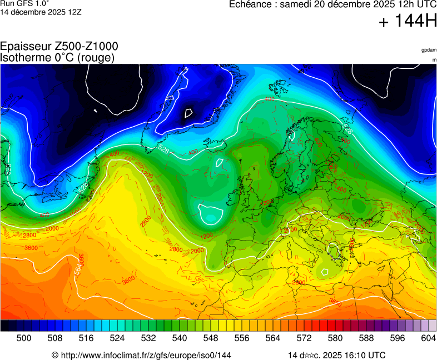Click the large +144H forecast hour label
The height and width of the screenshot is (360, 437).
click(408, 22)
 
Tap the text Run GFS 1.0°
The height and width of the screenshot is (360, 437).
click(24, 3)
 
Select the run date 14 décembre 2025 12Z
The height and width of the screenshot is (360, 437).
click(41, 12)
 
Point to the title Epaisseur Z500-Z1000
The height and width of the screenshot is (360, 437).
click(59, 47)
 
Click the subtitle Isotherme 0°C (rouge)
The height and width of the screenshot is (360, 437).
click(57, 57)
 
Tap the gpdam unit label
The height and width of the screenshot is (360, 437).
click(429, 50)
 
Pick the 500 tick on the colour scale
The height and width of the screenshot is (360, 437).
click(23, 338)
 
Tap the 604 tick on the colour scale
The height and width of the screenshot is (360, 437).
click(428, 338)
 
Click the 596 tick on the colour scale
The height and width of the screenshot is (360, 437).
click(397, 338)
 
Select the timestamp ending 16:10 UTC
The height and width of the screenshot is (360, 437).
click(336, 355)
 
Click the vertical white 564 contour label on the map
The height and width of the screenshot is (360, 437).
click(78, 268)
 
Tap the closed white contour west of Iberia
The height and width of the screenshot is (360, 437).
click(211, 214)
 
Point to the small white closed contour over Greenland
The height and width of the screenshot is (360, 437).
click(188, 113)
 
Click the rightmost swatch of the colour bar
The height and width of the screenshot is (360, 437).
click(433, 326)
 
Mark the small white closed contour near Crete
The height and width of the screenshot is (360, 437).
click(324, 272)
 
